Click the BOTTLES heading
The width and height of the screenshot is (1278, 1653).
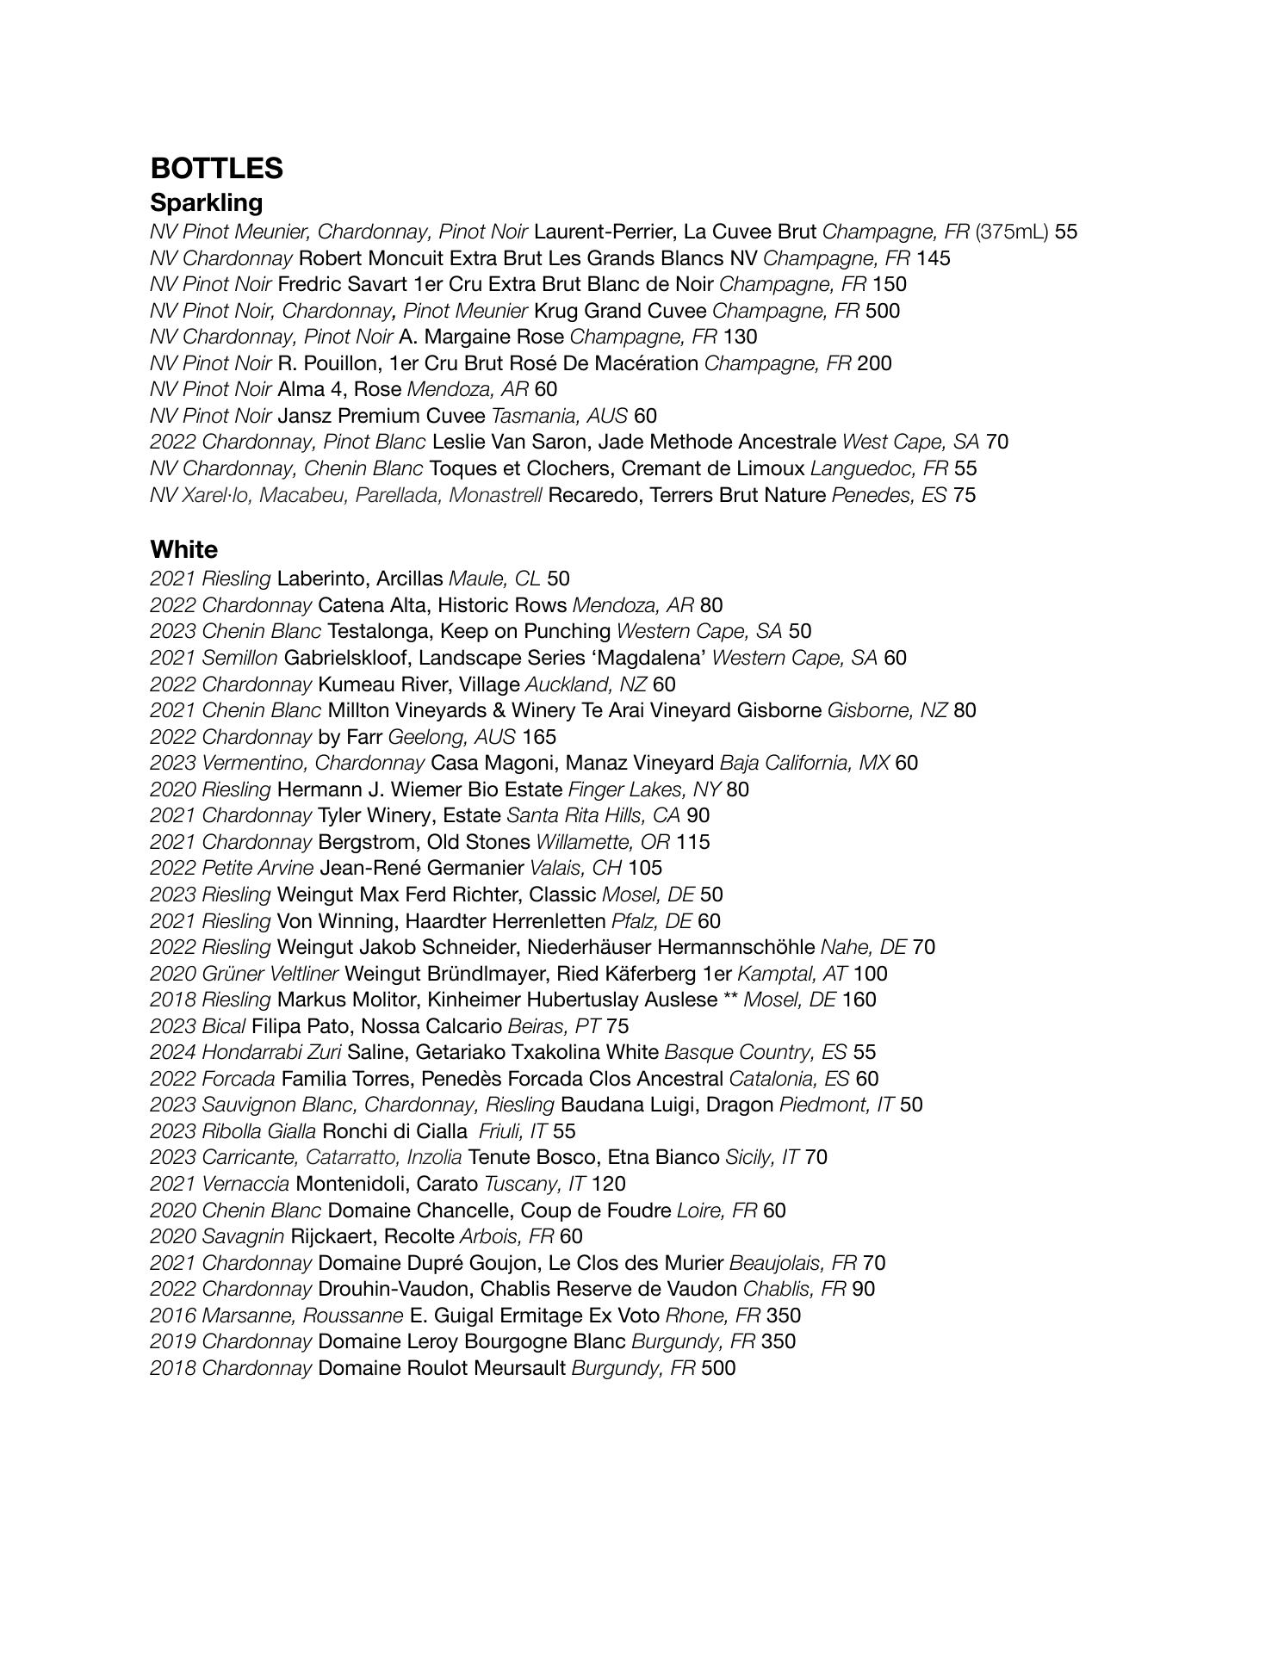(x=216, y=168)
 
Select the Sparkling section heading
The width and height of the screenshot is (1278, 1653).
(x=206, y=203)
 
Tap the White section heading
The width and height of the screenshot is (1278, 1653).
(x=183, y=549)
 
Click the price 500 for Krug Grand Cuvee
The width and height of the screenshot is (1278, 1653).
(x=883, y=311)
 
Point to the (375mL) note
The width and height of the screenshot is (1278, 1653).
(x=1012, y=232)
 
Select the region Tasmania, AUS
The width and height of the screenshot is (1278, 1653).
(x=559, y=417)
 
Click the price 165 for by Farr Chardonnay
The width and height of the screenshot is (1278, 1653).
(x=539, y=738)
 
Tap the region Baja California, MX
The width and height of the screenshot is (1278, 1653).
(x=804, y=764)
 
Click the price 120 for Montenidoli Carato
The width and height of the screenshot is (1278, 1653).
(x=608, y=1185)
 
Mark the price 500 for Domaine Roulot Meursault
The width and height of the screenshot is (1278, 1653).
(x=718, y=1369)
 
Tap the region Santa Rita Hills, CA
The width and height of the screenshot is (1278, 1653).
(x=593, y=816)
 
